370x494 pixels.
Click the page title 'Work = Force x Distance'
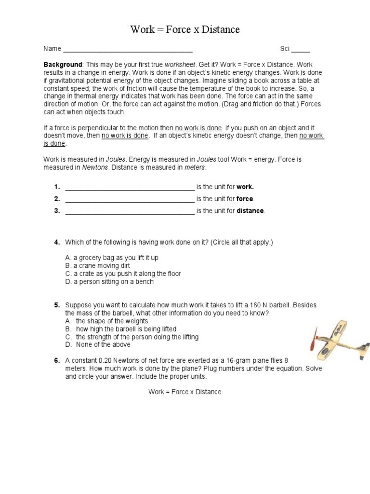pyautogui.click(x=185, y=30)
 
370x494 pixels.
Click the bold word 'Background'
pyautogui.click(x=63, y=65)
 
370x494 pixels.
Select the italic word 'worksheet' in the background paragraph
pyautogui.click(x=180, y=65)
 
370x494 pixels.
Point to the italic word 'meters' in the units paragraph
pyautogui.click(x=195, y=167)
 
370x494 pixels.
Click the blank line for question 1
pyautogui.click(x=129, y=188)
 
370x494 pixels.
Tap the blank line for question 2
pyautogui.click(x=129, y=199)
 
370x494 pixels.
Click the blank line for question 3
pyautogui.click(x=129, y=211)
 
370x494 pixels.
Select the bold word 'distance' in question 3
pyautogui.click(x=250, y=211)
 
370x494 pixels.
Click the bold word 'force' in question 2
pyautogui.click(x=245, y=199)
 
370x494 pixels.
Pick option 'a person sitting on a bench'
pyautogui.click(x=113, y=281)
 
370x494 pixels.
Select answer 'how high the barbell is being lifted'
pyautogui.click(x=126, y=329)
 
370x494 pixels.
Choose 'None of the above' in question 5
pyautogui.click(x=103, y=344)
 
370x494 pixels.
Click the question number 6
pyautogui.click(x=56, y=360)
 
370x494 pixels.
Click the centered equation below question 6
pyautogui.click(x=185, y=392)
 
